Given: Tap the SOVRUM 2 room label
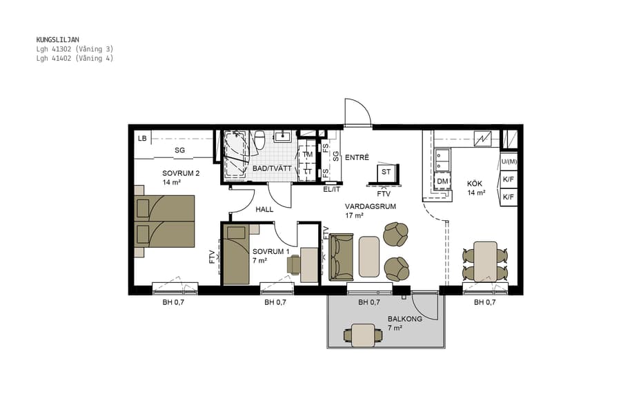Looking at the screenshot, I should coord(181,173).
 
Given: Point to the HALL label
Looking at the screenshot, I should coord(265,209).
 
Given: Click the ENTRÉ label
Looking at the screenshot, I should coord(357,157).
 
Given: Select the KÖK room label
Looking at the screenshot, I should coord(475,183).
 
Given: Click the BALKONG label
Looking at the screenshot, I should coord(404,319).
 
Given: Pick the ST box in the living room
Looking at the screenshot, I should coord(386,172).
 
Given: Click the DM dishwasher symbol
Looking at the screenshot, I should coord(442,181).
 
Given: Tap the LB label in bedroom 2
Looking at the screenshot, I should coord(142,139).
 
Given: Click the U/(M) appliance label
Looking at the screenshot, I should coord(509,161).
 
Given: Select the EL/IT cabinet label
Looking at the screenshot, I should coord(332,189).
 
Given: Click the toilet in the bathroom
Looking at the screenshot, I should coord(260,139).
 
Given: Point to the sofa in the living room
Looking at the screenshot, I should coord(341,257).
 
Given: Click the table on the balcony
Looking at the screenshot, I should coord(362,335).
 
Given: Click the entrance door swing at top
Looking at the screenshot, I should coord(359,114).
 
